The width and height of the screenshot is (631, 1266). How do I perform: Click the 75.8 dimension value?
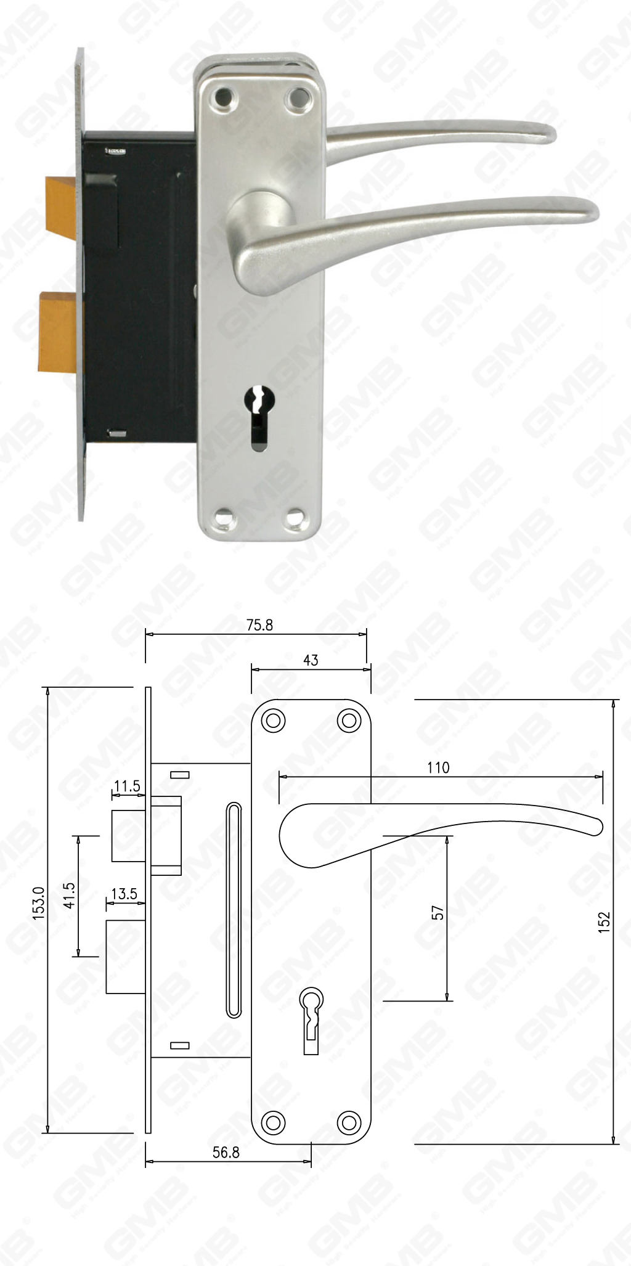pos(259,625)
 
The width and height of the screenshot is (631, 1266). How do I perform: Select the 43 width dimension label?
pos(311,660)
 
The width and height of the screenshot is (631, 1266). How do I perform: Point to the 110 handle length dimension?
pos(438,767)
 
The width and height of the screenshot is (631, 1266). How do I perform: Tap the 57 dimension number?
pos(438,913)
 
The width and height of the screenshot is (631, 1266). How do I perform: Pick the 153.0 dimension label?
pos(39,904)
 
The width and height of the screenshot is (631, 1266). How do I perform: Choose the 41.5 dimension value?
pos(69,896)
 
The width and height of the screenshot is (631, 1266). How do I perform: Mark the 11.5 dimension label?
pos(127,786)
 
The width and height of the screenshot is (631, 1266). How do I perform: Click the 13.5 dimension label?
pos(124,894)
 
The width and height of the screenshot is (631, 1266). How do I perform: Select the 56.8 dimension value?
pos(226,1152)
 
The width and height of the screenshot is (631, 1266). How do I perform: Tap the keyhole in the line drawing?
pos(312,1010)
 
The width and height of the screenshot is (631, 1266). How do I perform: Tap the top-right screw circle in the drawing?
pos(349,720)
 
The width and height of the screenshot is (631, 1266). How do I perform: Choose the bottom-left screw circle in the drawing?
pos(274,1121)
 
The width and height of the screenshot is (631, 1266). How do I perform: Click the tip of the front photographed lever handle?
pos(588,210)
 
